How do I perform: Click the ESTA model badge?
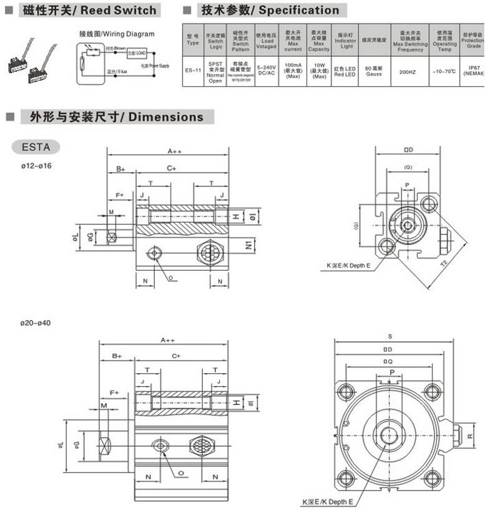pyautogui.click(x=36, y=147)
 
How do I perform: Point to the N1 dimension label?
pyautogui.click(x=247, y=243)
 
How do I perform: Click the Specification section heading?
pyautogui.click(x=270, y=10)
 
